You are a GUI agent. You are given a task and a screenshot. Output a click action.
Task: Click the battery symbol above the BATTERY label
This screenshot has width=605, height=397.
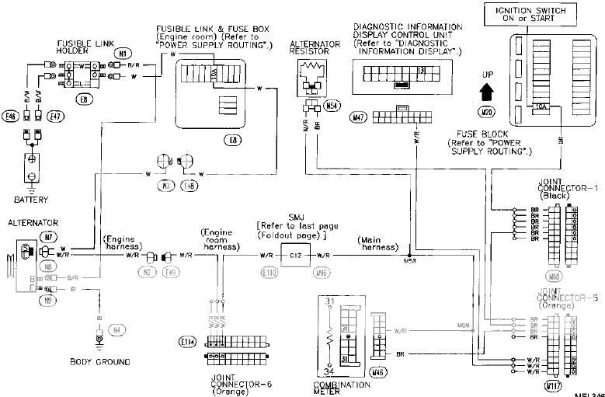32,160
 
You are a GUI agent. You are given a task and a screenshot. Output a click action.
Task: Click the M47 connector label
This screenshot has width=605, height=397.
359,118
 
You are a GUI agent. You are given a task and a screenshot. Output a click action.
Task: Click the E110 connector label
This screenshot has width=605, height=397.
269,273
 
